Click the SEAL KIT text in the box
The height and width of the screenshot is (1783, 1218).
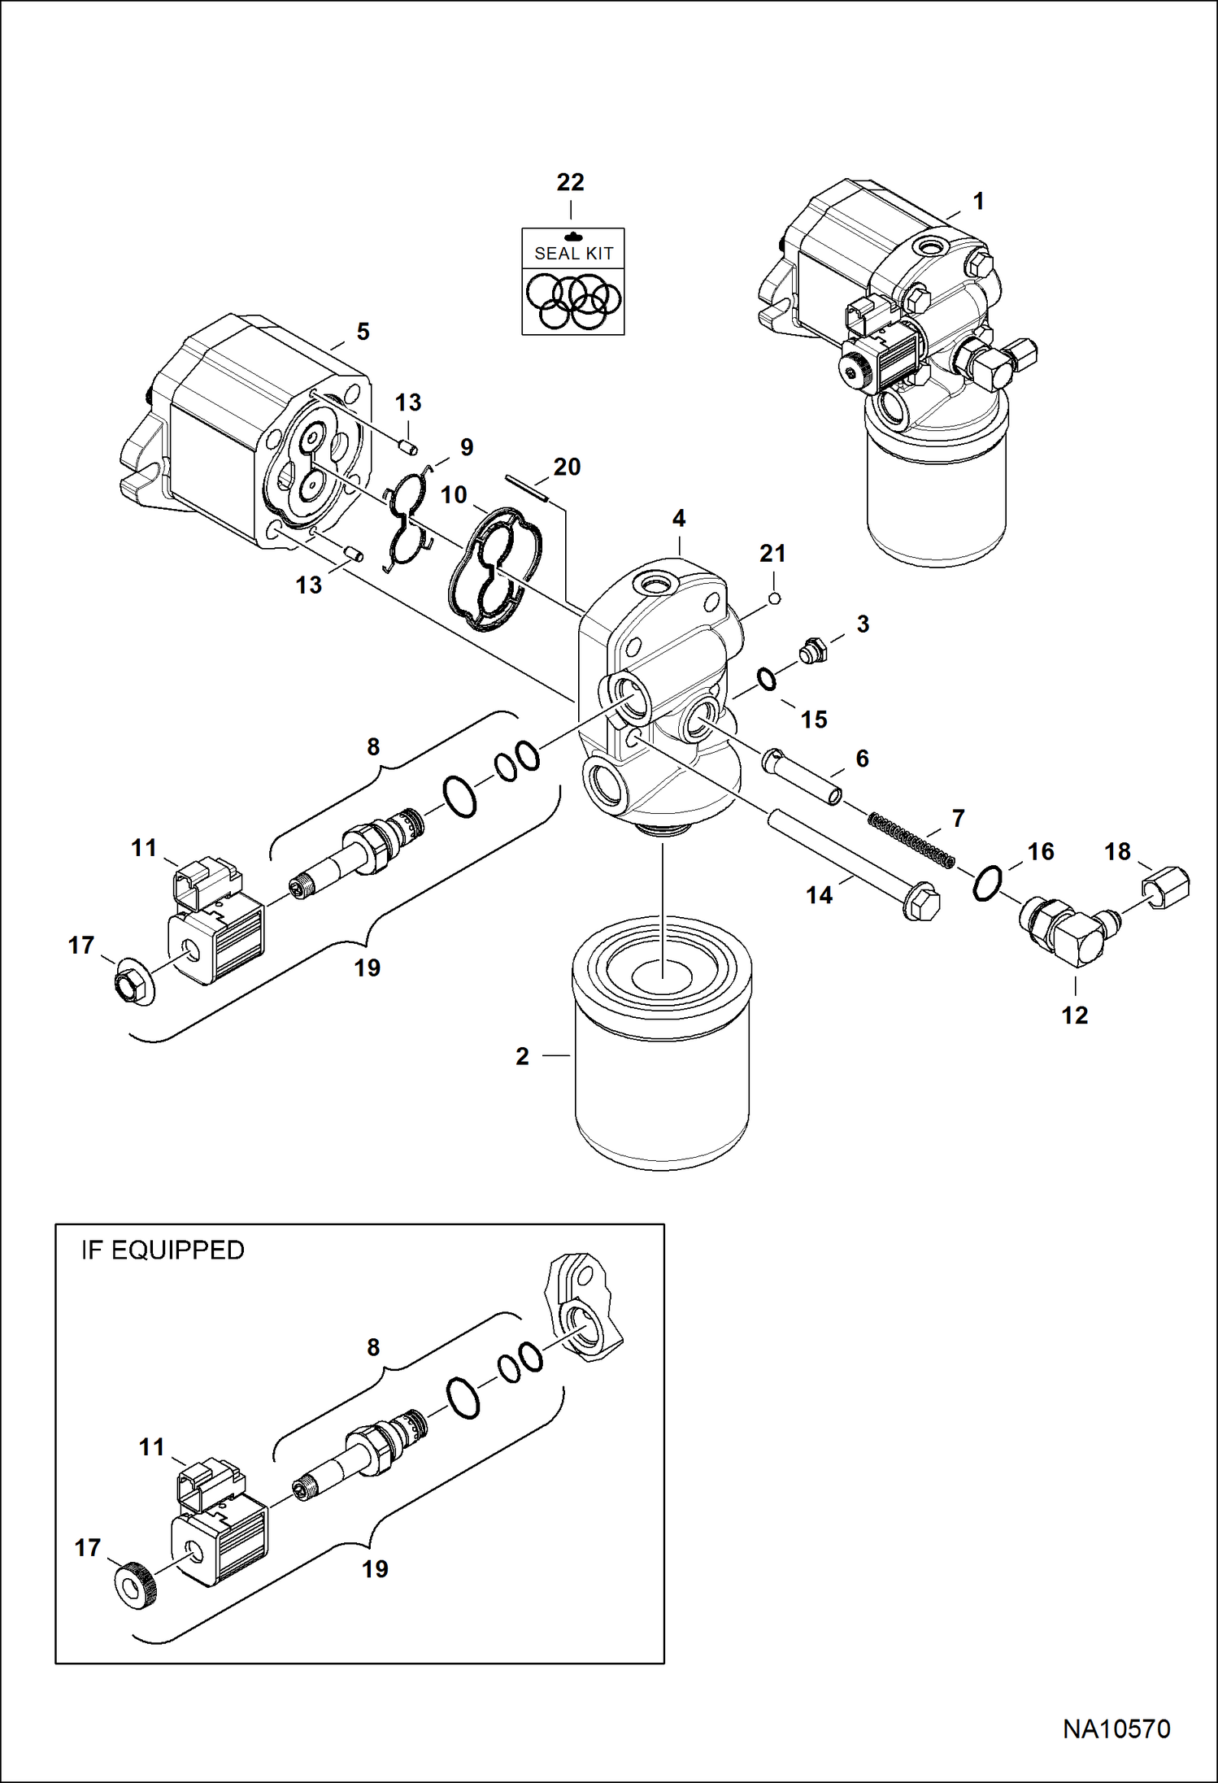pyautogui.click(x=573, y=254)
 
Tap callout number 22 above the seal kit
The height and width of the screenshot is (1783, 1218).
pyautogui.click(x=570, y=182)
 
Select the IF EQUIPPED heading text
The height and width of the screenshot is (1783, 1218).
pyautogui.click(x=163, y=1250)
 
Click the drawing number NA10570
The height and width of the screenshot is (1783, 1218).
pyautogui.click(x=1116, y=1729)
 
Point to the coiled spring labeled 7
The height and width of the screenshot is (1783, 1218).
pyautogui.click(x=911, y=838)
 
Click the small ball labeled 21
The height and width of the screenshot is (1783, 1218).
pyautogui.click(x=775, y=598)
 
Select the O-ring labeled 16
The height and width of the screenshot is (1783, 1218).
pyautogui.click(x=986, y=884)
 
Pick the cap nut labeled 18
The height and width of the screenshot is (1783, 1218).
pyautogui.click(x=1168, y=887)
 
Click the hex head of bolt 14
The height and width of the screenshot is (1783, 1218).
pyautogui.click(x=922, y=904)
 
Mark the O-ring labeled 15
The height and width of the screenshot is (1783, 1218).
pyautogui.click(x=767, y=679)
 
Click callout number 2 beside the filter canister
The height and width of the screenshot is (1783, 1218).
pyautogui.click(x=522, y=1056)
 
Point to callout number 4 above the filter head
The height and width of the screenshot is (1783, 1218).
pyautogui.click(x=679, y=518)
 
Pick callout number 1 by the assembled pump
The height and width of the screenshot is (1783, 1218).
pyautogui.click(x=979, y=201)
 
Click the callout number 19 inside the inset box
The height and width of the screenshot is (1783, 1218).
pyautogui.click(x=375, y=1569)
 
